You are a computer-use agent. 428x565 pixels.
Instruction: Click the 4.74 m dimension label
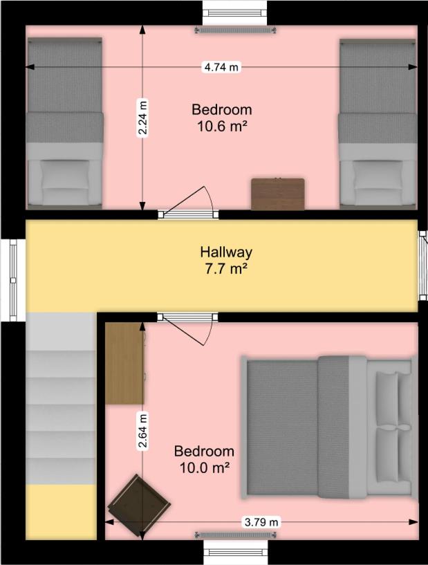click(x=221, y=67)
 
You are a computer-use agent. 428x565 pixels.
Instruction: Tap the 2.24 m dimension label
click(x=143, y=118)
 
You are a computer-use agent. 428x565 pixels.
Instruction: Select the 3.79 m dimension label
click(x=261, y=521)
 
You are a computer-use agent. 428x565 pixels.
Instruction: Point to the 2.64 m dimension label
click(x=143, y=431)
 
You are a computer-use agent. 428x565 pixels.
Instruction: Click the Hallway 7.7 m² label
click(x=226, y=260)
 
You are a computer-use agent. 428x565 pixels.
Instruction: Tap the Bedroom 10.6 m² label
click(x=221, y=118)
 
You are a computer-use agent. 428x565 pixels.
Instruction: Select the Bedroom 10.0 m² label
click(x=204, y=459)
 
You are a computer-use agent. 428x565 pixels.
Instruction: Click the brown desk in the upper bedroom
click(x=278, y=194)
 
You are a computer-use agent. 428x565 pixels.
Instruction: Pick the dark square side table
click(x=140, y=506)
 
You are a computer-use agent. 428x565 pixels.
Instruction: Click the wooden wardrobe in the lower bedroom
click(x=124, y=363)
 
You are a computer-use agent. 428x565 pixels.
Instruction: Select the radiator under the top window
click(x=236, y=30)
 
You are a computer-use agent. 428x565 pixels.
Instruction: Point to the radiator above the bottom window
click(x=236, y=535)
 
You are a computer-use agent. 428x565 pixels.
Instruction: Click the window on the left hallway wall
click(x=13, y=279)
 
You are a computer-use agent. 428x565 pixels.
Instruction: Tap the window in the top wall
click(x=236, y=13)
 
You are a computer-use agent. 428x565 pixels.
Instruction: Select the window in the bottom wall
click(x=236, y=553)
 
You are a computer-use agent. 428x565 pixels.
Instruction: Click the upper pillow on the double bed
click(x=387, y=398)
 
